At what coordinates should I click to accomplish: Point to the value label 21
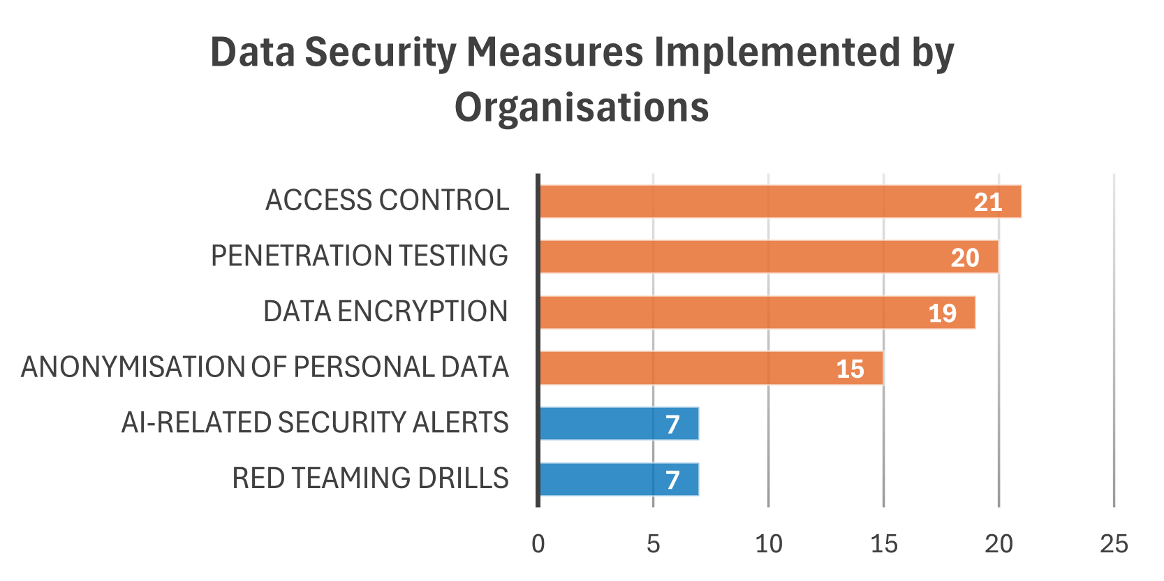(x=988, y=203)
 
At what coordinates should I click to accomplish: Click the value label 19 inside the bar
(x=942, y=314)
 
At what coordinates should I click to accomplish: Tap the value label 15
(x=850, y=369)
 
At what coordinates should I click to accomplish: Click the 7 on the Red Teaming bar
(x=672, y=480)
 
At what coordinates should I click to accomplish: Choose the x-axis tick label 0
(x=538, y=544)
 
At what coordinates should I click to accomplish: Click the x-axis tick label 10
(x=768, y=544)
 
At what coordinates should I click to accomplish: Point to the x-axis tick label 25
(x=1114, y=544)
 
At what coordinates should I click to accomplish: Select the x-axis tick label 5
(x=653, y=544)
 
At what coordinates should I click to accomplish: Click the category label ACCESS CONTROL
(x=387, y=200)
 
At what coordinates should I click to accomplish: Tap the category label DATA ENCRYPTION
(x=385, y=311)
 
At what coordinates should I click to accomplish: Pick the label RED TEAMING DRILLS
(x=370, y=478)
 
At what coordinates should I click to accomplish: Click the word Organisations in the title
(x=582, y=108)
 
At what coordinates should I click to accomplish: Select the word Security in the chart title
(x=381, y=52)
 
